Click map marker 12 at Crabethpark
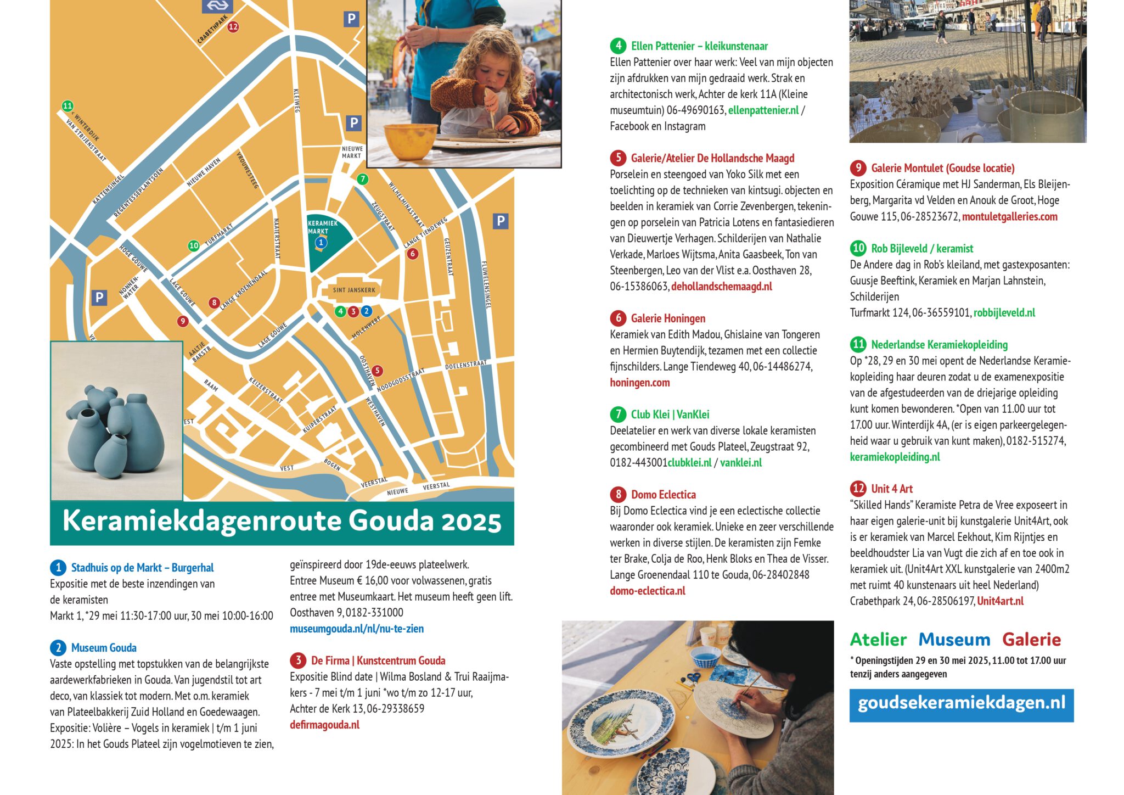pyautogui.click(x=233, y=26)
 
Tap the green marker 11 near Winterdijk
pyautogui.click(x=67, y=106)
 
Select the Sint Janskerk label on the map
pyautogui.click(x=354, y=290)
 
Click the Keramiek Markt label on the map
pyautogui.click(x=322, y=227)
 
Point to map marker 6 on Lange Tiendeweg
pyautogui.click(x=412, y=253)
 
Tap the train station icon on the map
pyautogui.click(x=217, y=6)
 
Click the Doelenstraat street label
pyautogui.click(x=465, y=365)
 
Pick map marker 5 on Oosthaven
pyautogui.click(x=377, y=371)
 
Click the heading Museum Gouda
pyautogui.click(x=104, y=648)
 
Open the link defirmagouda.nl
pyautogui.click(x=324, y=725)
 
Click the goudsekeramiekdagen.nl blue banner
pyautogui.click(x=961, y=704)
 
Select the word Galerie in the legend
pyautogui.click(x=1031, y=640)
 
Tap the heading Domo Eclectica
pyautogui.click(x=663, y=495)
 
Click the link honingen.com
pyautogui.click(x=639, y=383)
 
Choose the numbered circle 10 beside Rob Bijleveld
pyautogui.click(x=858, y=248)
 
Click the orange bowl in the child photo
pyautogui.click(x=410, y=139)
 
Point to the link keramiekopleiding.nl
pyautogui.click(x=895, y=457)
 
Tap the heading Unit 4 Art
pyautogui.click(x=892, y=489)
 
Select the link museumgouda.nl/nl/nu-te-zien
pyautogui.click(x=357, y=629)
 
